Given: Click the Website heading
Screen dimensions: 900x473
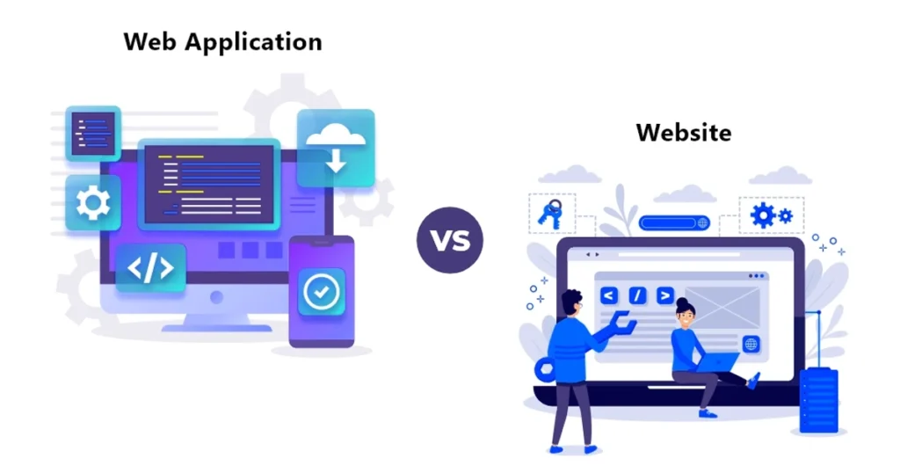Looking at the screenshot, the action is click(684, 133).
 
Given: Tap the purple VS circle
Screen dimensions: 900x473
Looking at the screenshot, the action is click(450, 240).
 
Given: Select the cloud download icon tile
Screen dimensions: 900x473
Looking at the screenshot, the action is click(336, 148).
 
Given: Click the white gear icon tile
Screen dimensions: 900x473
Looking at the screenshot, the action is click(93, 203).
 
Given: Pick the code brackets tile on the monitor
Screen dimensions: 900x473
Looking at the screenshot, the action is click(150, 268).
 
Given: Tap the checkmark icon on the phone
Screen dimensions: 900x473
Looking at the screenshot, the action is click(322, 292).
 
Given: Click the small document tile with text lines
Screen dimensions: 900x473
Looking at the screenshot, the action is click(93, 133).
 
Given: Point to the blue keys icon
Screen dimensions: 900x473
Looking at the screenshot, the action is click(550, 215).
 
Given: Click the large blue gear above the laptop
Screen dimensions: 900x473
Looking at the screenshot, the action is click(763, 215).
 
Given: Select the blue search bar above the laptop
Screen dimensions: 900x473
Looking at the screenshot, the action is click(674, 222).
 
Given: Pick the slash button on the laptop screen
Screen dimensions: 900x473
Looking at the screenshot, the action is click(637, 295).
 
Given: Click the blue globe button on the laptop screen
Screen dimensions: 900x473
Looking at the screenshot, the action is click(751, 344).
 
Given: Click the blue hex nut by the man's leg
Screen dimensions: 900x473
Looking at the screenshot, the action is click(545, 369).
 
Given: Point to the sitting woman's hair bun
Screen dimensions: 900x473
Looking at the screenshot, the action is click(682, 302).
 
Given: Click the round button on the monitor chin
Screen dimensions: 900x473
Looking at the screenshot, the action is click(217, 297).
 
